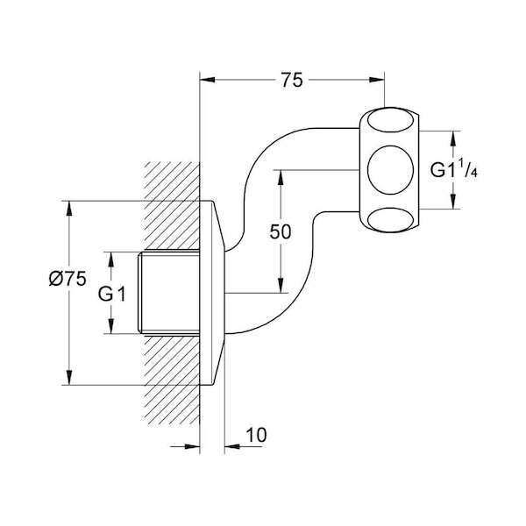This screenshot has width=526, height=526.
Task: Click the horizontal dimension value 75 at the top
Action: point(292,81)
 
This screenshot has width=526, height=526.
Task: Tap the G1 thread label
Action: point(112,294)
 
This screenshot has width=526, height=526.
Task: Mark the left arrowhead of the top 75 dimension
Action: point(207,82)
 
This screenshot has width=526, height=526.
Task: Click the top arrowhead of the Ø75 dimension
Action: point(69,207)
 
